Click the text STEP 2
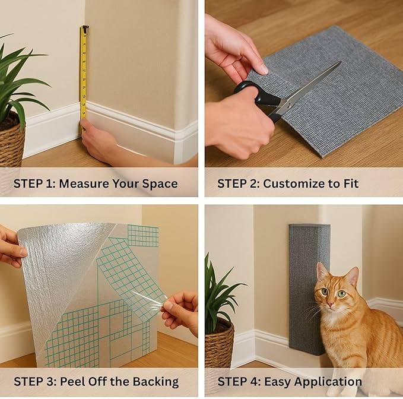pos(236,183)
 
